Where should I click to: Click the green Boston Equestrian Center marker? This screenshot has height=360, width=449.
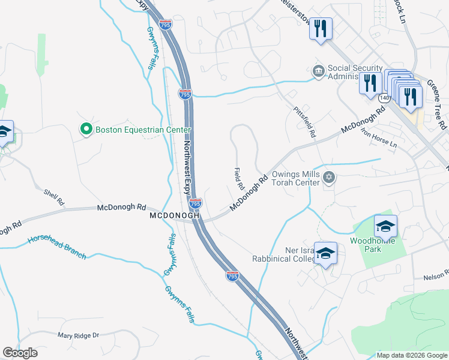86,130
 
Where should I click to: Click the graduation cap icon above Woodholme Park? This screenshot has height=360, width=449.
385,226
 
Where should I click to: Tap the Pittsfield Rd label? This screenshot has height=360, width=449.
304,123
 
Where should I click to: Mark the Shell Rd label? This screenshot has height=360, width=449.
53,197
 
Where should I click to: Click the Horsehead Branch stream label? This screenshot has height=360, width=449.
56,248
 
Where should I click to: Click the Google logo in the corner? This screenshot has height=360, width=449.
20,353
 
